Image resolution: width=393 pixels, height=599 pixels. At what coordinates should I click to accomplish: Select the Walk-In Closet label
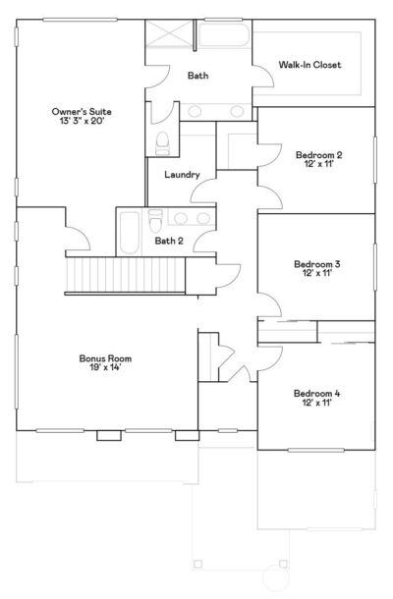click(309, 65)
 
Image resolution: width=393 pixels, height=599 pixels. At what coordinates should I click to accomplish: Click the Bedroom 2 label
click(318, 154)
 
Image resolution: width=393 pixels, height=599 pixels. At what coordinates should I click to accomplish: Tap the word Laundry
click(183, 175)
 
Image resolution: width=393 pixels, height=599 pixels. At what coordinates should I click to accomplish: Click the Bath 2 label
click(168, 241)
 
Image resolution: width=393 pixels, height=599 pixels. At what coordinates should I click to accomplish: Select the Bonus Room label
click(105, 358)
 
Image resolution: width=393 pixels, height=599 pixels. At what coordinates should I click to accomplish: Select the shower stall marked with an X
click(168, 37)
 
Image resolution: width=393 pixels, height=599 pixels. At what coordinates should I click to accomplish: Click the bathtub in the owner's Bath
click(223, 36)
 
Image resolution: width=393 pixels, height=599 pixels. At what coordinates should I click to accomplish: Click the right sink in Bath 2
click(202, 218)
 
